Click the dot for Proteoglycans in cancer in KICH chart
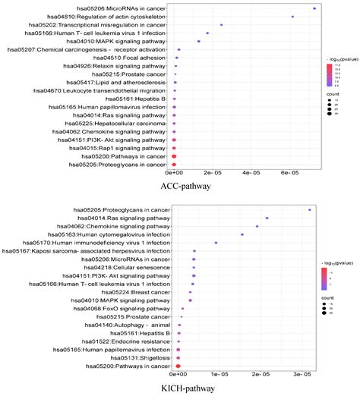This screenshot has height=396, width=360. (309, 210)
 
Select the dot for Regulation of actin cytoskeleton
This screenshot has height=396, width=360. (292, 17)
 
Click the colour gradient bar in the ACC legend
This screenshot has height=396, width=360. (330, 73)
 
